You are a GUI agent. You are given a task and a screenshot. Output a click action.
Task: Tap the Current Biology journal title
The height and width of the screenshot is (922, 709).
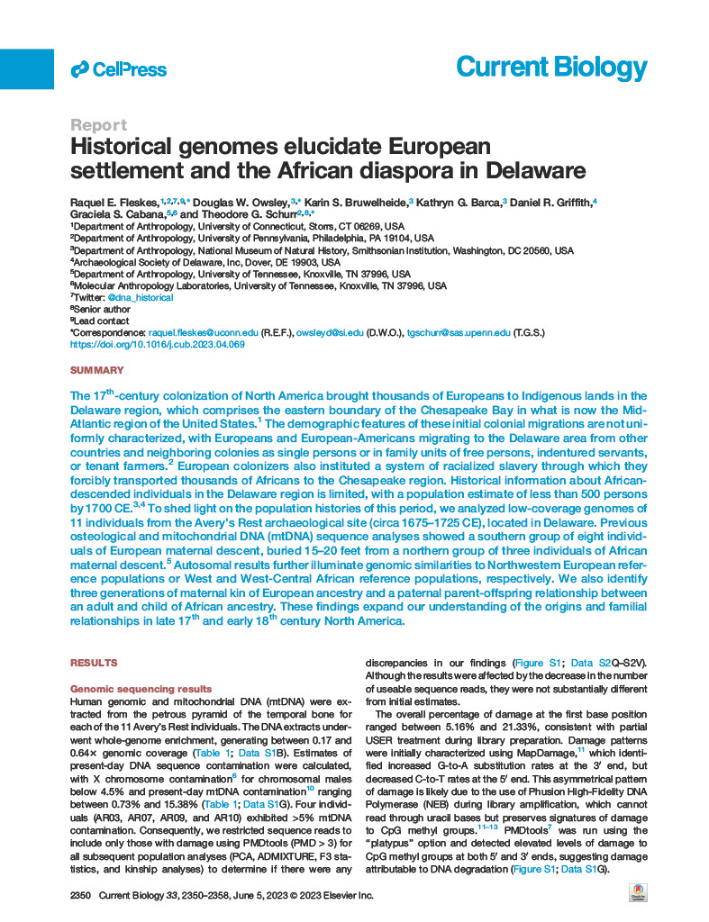point(551,68)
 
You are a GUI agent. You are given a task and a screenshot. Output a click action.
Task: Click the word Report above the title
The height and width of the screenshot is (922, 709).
point(98,125)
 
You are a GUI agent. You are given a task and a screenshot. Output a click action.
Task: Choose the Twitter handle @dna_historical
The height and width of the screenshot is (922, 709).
point(141,296)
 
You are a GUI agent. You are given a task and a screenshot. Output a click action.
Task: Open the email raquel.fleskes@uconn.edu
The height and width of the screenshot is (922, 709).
point(203,332)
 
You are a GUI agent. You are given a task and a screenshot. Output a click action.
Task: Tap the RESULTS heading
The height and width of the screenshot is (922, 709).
point(94,663)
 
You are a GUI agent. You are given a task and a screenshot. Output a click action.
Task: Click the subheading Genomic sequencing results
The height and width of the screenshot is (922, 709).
point(141,688)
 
